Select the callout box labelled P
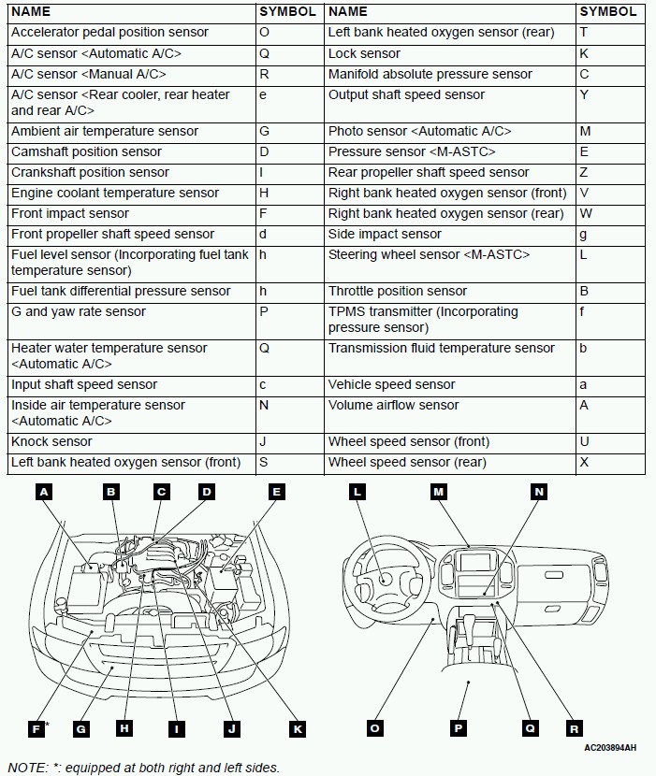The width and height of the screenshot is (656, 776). pos(459,728)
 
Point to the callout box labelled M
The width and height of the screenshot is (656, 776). pos(439,491)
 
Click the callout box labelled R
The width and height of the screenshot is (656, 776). pos(574,728)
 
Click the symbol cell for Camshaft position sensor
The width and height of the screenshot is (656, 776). pos(264,151)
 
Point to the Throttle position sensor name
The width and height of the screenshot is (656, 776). pos(397,291)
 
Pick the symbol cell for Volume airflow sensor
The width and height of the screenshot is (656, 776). pos(584,405)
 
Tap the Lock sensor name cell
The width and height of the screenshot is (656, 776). pos(364,53)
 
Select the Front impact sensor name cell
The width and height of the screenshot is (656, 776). pos(69,213)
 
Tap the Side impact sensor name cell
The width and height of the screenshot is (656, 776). pos(385,234)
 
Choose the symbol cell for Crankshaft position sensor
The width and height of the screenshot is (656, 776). pos(262,172)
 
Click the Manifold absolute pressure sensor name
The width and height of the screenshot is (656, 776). pos(430,74)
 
